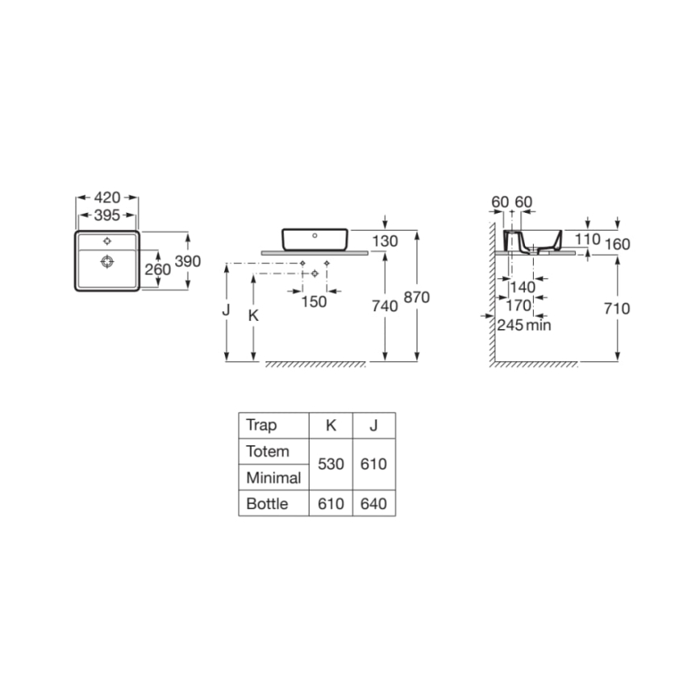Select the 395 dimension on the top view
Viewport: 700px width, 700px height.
point(107,215)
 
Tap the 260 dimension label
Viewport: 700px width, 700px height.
point(157,269)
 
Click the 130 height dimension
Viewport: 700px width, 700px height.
point(385,241)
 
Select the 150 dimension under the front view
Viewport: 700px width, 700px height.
point(314,302)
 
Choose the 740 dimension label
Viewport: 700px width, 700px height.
point(385,306)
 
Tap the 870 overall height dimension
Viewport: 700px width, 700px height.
point(417,297)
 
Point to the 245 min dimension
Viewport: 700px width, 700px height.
point(523,325)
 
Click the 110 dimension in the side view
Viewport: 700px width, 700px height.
point(588,240)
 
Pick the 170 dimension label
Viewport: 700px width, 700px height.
point(518,306)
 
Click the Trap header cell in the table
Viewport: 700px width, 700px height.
point(261,425)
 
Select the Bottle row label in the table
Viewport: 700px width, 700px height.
point(267,504)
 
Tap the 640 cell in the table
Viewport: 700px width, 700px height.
point(373,504)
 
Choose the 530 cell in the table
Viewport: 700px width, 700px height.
point(331,465)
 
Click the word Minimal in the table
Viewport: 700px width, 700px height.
point(273,477)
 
